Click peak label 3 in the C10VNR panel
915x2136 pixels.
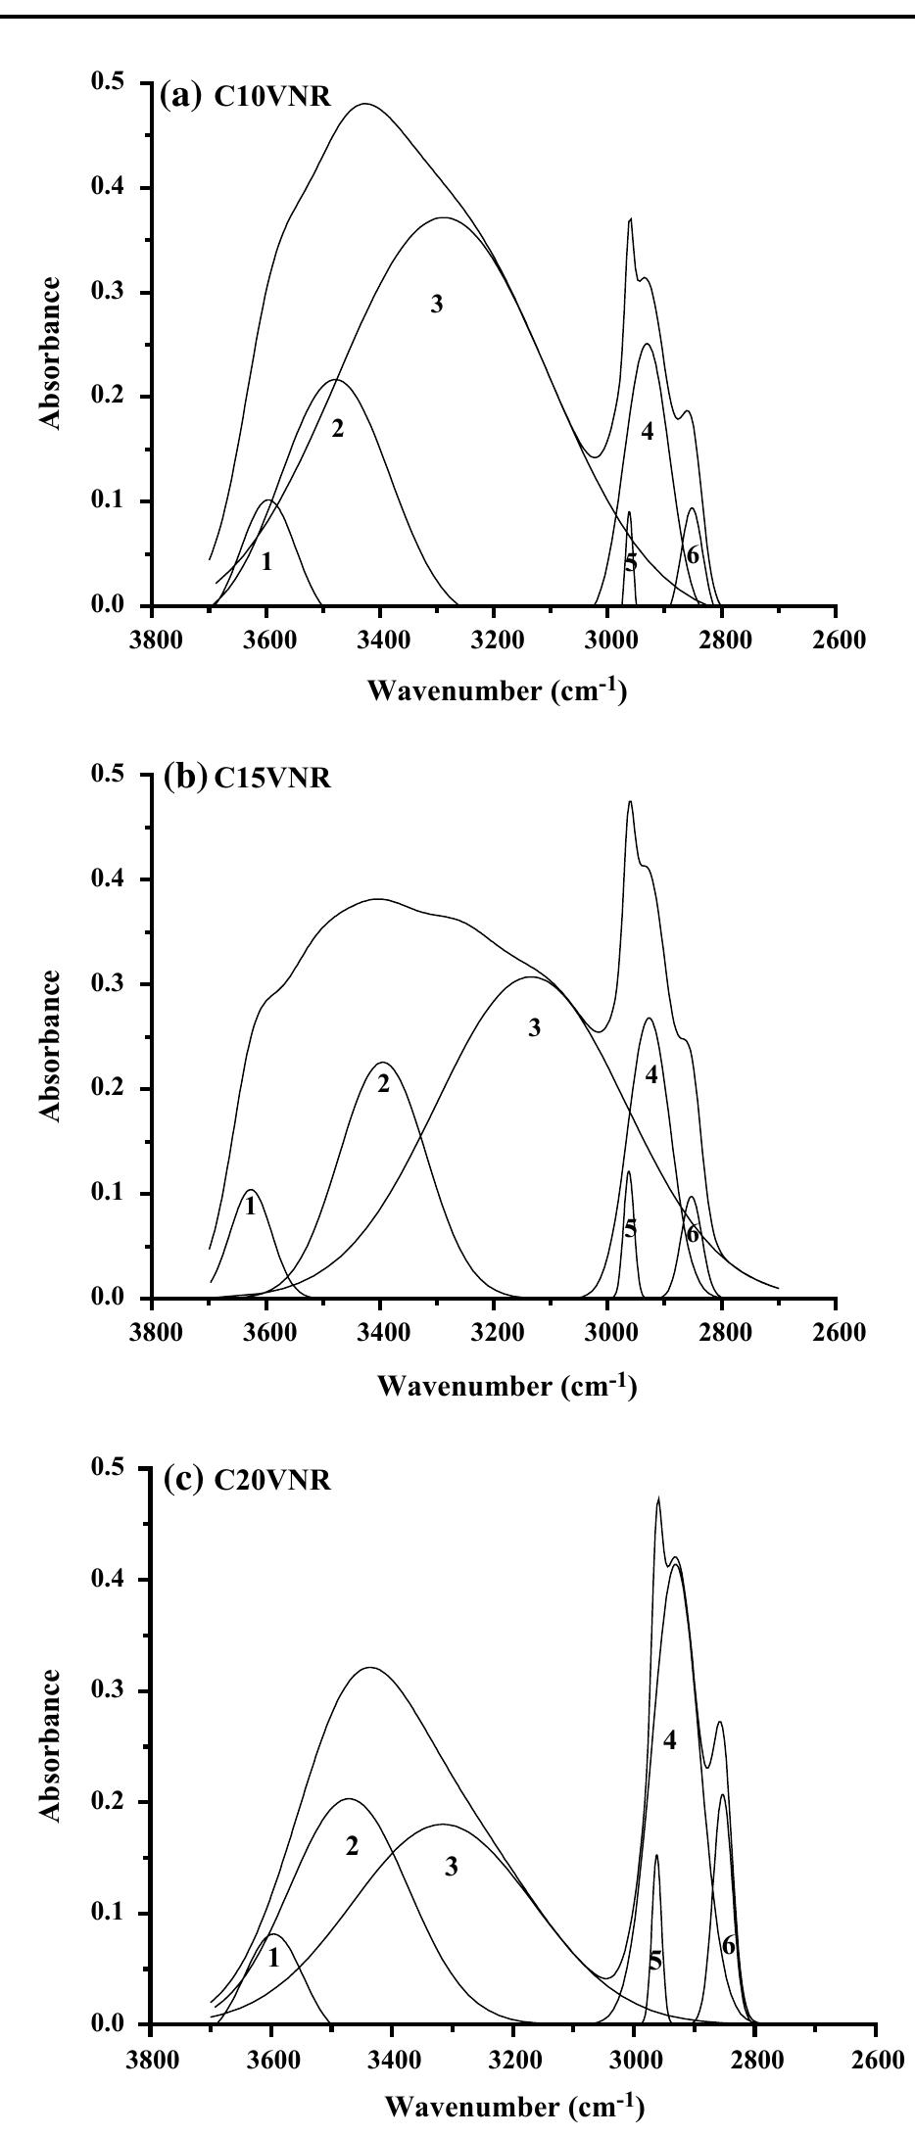click(x=436, y=305)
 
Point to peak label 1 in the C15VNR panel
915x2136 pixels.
click(x=251, y=1207)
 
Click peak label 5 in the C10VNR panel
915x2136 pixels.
click(x=630, y=562)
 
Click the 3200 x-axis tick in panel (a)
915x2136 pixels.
click(x=494, y=641)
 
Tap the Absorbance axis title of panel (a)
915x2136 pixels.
click(x=53, y=352)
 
